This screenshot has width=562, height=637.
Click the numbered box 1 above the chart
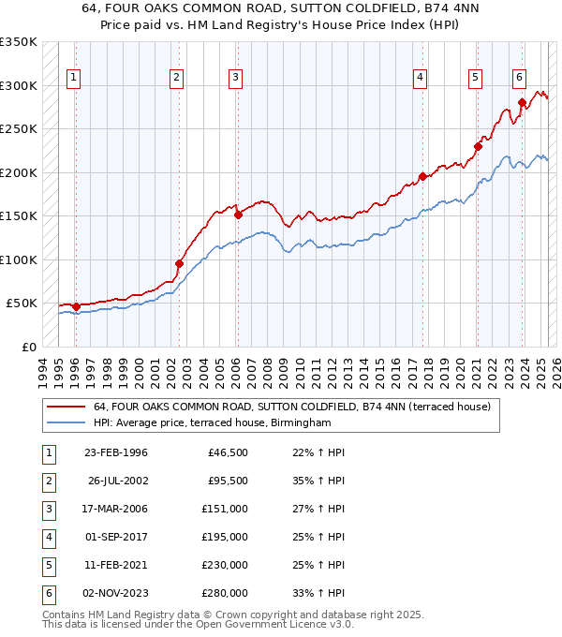click(x=73, y=78)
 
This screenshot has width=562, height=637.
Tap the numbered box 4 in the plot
click(x=421, y=78)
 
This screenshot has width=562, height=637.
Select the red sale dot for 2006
click(x=238, y=215)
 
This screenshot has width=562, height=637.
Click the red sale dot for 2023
click(x=522, y=103)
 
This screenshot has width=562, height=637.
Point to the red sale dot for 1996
click(x=76, y=306)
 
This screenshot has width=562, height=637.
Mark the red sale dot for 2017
click(x=422, y=176)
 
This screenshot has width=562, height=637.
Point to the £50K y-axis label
click(x=22, y=304)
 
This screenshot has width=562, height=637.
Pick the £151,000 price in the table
click(x=226, y=509)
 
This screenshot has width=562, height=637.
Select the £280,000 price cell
click(x=226, y=593)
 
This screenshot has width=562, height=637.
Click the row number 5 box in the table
click(x=47, y=565)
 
